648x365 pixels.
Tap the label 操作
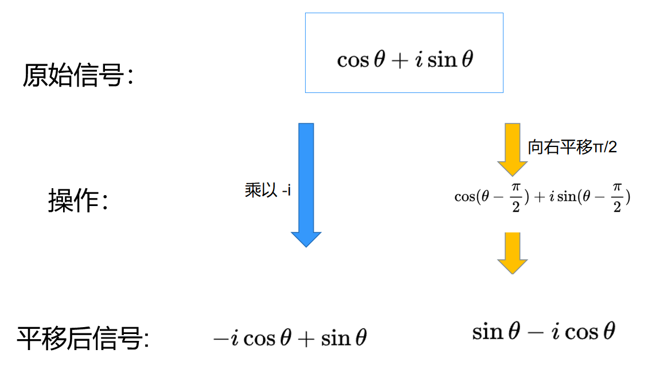point(77,201)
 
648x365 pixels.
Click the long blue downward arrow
point(306,184)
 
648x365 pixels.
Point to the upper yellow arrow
point(512,149)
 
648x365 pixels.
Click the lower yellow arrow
point(512,253)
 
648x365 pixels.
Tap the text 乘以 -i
point(268,191)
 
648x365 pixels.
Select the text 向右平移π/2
point(572,147)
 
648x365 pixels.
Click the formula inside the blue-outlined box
point(405,60)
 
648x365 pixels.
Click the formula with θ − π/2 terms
point(542,197)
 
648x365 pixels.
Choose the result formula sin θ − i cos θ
point(543,331)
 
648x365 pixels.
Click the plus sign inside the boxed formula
point(397,60)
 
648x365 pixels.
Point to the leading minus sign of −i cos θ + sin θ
point(220,338)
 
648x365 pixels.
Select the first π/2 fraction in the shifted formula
point(516,197)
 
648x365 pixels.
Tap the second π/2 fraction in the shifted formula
point(617,197)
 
